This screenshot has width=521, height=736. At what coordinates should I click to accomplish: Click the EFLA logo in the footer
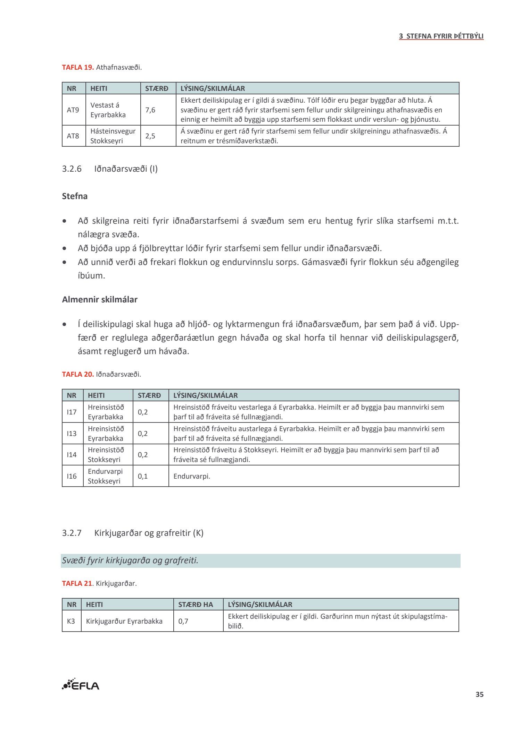click(x=81, y=684)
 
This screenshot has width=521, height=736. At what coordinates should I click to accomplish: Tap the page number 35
click(x=479, y=694)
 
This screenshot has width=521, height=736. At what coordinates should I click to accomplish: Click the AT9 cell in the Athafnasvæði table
click(x=73, y=110)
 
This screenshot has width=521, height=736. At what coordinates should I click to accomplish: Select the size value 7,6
click(x=150, y=110)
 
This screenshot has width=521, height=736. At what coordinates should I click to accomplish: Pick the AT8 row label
click(x=73, y=136)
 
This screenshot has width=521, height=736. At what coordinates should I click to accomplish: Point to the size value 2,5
click(x=150, y=136)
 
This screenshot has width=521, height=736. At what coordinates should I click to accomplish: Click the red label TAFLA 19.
click(x=78, y=67)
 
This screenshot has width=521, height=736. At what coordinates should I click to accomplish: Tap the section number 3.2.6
click(x=72, y=169)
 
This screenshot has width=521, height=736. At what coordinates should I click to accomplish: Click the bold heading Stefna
click(x=75, y=196)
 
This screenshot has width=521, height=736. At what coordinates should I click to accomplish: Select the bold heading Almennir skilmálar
click(x=100, y=300)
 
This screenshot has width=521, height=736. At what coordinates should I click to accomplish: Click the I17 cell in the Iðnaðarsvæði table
click(x=72, y=412)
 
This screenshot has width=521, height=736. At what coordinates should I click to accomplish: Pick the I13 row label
click(x=72, y=434)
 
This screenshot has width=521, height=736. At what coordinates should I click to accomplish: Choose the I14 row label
click(x=72, y=455)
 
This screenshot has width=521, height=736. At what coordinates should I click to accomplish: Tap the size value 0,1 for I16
click(x=143, y=476)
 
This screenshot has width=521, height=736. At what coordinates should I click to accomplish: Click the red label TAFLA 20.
click(x=78, y=374)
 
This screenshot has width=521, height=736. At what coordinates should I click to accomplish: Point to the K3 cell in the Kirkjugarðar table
click(x=71, y=621)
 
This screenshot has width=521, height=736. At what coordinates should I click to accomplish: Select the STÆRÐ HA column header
click(x=196, y=604)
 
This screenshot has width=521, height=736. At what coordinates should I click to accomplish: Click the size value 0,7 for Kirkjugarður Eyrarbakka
click(x=183, y=621)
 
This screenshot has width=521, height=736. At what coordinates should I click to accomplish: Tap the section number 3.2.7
click(x=72, y=533)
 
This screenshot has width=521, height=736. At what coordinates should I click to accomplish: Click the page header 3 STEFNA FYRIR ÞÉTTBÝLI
click(x=441, y=36)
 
